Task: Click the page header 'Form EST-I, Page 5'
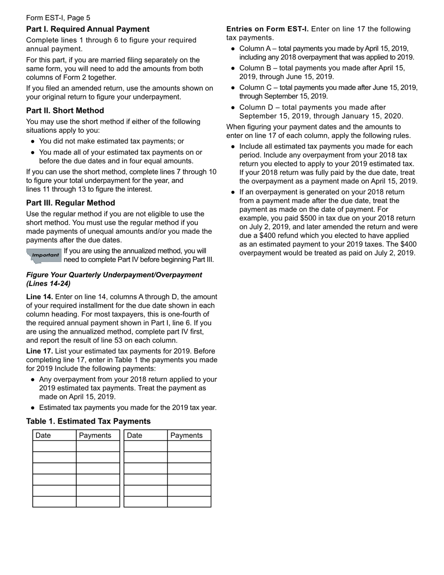click(58, 18)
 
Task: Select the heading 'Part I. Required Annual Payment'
click(88, 29)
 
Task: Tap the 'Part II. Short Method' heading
click(65, 110)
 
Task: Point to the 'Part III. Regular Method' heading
click(71, 203)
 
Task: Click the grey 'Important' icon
click(44, 255)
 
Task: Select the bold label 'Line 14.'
click(40, 297)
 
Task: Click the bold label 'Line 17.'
click(40, 351)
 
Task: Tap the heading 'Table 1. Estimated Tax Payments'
click(88, 421)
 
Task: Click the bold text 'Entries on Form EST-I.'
click(267, 29)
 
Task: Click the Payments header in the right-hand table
click(186, 435)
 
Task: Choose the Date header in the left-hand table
click(43, 435)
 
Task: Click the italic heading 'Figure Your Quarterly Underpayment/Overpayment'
click(114, 275)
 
